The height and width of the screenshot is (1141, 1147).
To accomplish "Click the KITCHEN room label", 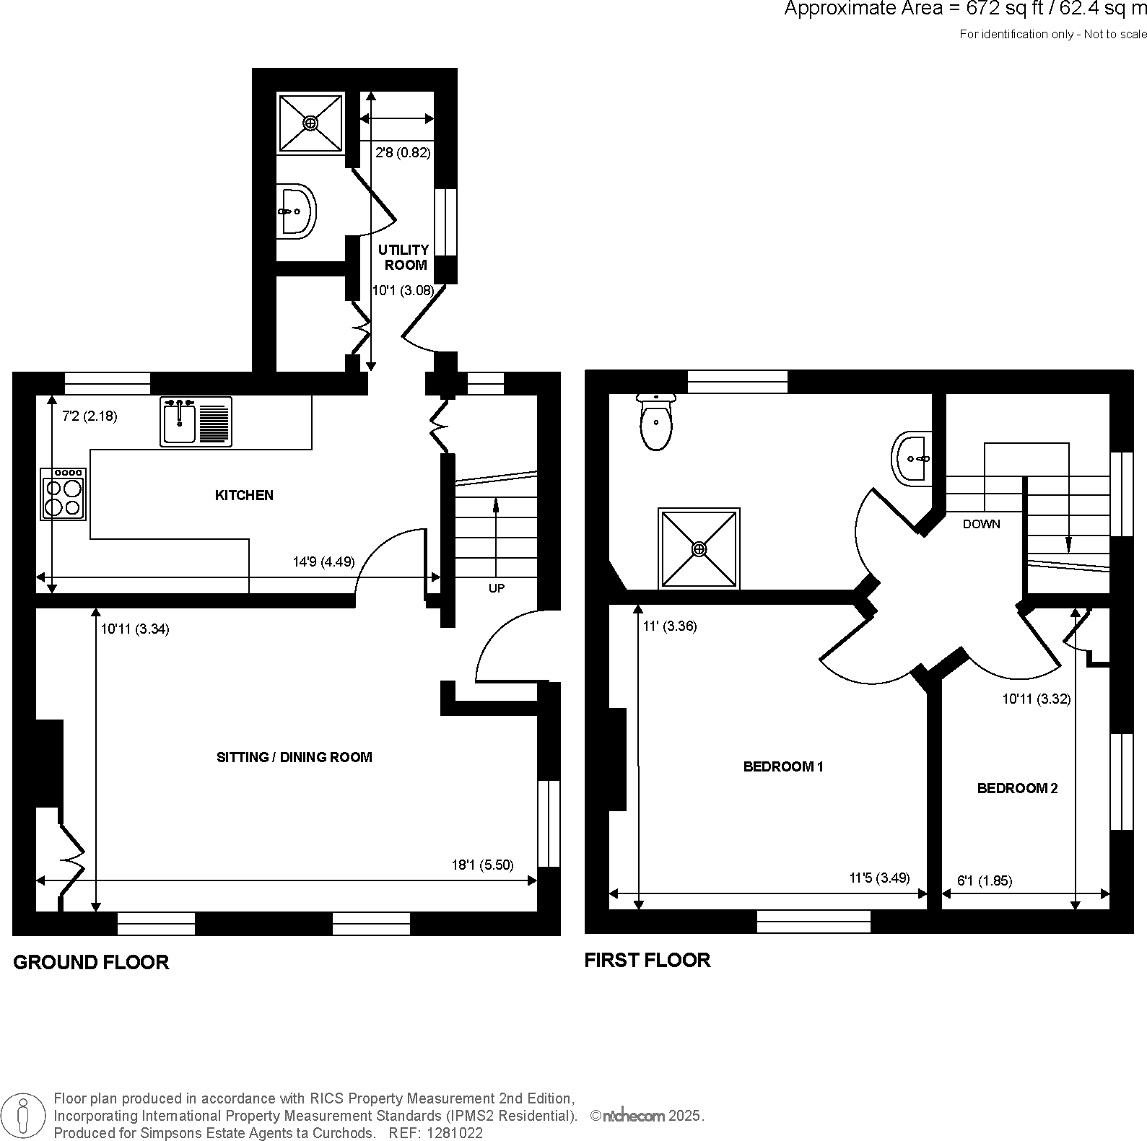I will pyautogui.click(x=244, y=495).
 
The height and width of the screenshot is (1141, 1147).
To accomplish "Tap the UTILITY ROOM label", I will pyautogui.click(x=404, y=257).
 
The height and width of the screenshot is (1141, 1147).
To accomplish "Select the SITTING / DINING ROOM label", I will pyautogui.click(x=295, y=757).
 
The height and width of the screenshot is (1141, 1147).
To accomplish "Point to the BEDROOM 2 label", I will pyautogui.click(x=1017, y=788).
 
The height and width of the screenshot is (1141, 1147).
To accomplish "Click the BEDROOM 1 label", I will pyautogui.click(x=783, y=766).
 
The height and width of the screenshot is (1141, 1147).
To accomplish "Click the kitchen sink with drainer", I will pyautogui.click(x=196, y=421).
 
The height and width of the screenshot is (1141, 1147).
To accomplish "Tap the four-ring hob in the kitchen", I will pyautogui.click(x=64, y=494).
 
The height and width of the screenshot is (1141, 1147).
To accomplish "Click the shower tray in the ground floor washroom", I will pyautogui.click(x=310, y=123).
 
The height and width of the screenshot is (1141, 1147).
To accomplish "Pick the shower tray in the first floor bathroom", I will pyautogui.click(x=699, y=549).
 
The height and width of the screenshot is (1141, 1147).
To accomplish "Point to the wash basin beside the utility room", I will pyautogui.click(x=296, y=211).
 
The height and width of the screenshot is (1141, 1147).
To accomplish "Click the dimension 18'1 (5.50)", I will pyautogui.click(x=482, y=865).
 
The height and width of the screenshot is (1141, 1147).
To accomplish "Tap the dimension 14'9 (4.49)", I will pyautogui.click(x=323, y=561).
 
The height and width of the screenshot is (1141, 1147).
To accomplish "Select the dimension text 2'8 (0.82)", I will pyautogui.click(x=403, y=152).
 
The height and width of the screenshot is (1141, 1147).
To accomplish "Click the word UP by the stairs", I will pyautogui.click(x=497, y=588).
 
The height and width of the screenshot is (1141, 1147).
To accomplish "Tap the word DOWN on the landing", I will pyautogui.click(x=981, y=524).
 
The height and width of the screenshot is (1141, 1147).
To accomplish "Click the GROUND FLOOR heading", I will pyautogui.click(x=91, y=962).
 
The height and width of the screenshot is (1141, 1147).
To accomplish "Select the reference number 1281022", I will pyautogui.click(x=455, y=1133).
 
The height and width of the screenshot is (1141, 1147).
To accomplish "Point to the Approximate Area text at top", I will pyautogui.click(x=964, y=9).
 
